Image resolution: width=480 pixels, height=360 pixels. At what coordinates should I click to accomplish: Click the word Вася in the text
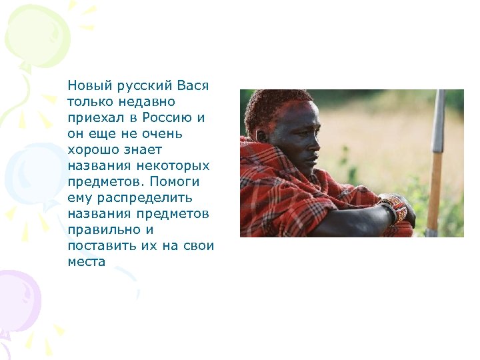194,86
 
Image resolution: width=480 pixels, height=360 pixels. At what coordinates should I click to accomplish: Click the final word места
87,261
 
